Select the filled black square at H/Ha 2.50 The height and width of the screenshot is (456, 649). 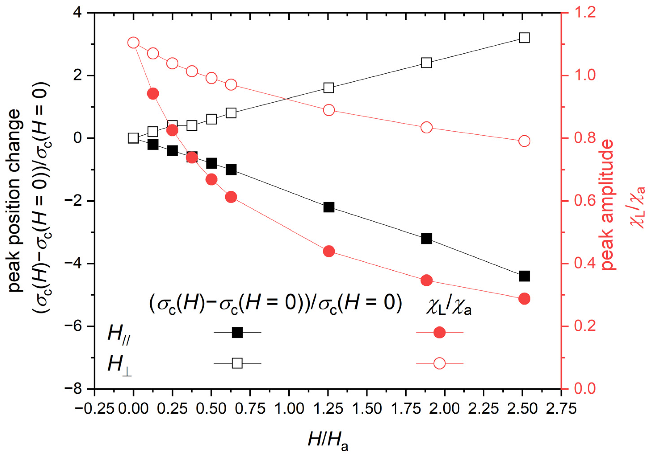[x=524, y=276]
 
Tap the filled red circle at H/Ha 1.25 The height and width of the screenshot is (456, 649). [x=329, y=251]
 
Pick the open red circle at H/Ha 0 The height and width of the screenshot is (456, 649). [x=133, y=43]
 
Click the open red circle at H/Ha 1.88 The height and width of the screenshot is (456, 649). [x=427, y=128]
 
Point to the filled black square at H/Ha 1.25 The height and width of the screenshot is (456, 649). [x=329, y=207]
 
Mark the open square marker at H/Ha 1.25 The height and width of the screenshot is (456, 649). [x=329, y=88]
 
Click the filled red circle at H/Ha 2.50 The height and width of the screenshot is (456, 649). [x=524, y=299]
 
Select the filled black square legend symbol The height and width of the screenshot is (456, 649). [x=237, y=332]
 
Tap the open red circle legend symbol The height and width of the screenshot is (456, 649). [x=440, y=363]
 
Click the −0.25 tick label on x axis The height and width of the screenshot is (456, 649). [x=94, y=409]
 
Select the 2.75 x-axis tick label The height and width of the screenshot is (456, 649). [x=561, y=409]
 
